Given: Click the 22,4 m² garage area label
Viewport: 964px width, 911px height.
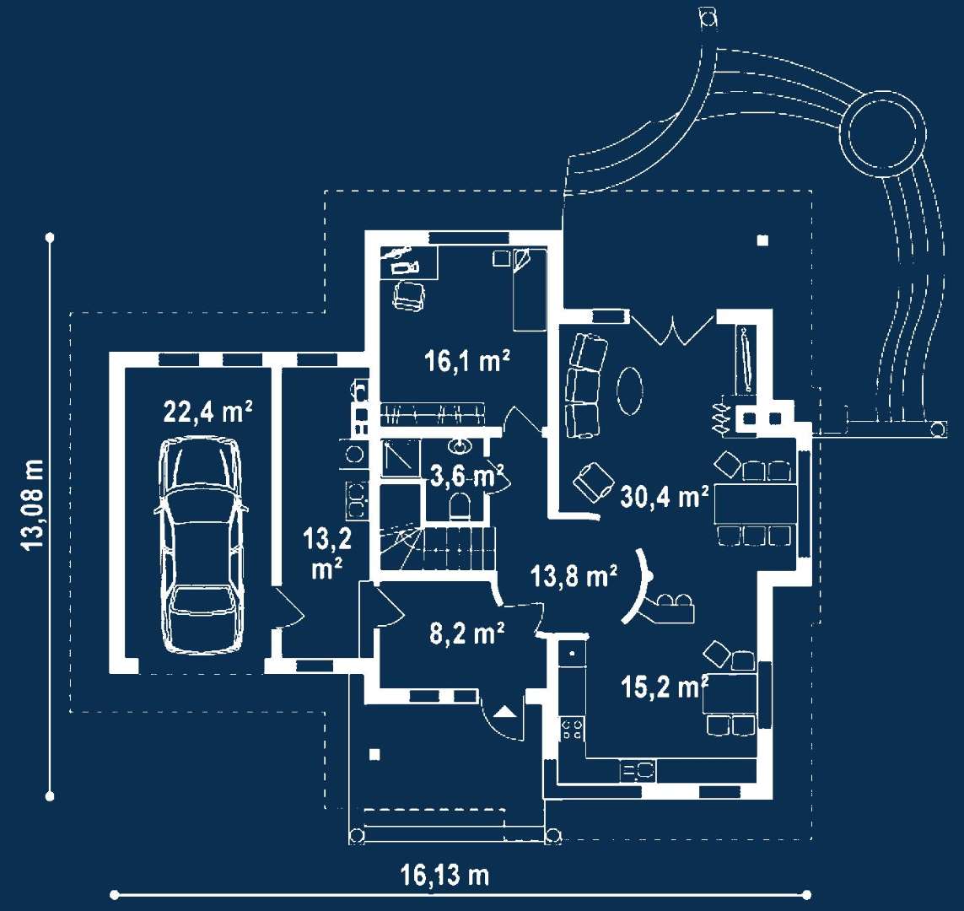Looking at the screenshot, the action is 207,412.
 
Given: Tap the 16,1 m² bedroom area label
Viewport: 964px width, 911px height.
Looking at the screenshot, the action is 467,361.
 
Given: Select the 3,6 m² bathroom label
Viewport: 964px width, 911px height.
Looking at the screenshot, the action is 466,476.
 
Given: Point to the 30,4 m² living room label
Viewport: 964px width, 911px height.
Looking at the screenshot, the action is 665,496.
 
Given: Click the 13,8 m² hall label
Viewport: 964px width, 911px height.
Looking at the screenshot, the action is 574,576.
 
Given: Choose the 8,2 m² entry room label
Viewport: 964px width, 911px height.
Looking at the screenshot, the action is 467,633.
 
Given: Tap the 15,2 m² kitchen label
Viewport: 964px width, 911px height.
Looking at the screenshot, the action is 665,687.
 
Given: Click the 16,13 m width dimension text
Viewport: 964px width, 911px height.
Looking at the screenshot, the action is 445,875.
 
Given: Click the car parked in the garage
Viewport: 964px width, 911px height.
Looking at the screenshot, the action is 201,545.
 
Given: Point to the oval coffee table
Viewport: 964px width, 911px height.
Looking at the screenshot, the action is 630,390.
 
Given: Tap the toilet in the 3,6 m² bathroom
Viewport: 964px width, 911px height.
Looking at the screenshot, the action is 460,506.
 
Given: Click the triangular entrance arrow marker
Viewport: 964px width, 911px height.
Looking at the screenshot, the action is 505,712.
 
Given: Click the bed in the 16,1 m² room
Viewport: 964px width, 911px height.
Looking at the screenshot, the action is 530,289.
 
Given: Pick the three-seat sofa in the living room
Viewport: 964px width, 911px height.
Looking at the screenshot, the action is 585,385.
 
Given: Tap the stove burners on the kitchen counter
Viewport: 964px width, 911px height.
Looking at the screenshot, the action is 573,730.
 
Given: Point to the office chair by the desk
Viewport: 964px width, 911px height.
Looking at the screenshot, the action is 409,296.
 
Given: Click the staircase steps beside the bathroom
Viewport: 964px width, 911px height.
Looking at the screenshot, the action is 438,547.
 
